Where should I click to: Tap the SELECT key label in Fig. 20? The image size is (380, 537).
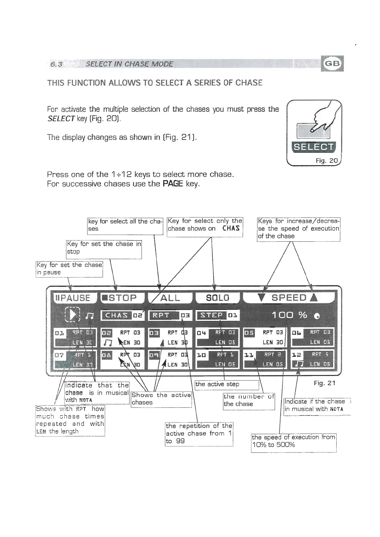click(313, 147)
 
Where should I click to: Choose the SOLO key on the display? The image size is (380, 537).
click(217, 298)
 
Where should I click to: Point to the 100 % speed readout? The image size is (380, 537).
click(289, 315)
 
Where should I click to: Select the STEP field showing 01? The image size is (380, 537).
click(217, 315)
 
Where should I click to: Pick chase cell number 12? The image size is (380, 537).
click(312, 359)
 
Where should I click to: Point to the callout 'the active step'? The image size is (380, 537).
click(227, 385)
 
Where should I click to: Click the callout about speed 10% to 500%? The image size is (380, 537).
click(294, 441)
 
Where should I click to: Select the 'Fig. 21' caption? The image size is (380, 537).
click(324, 383)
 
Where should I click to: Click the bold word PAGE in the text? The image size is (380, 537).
click(173, 184)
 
